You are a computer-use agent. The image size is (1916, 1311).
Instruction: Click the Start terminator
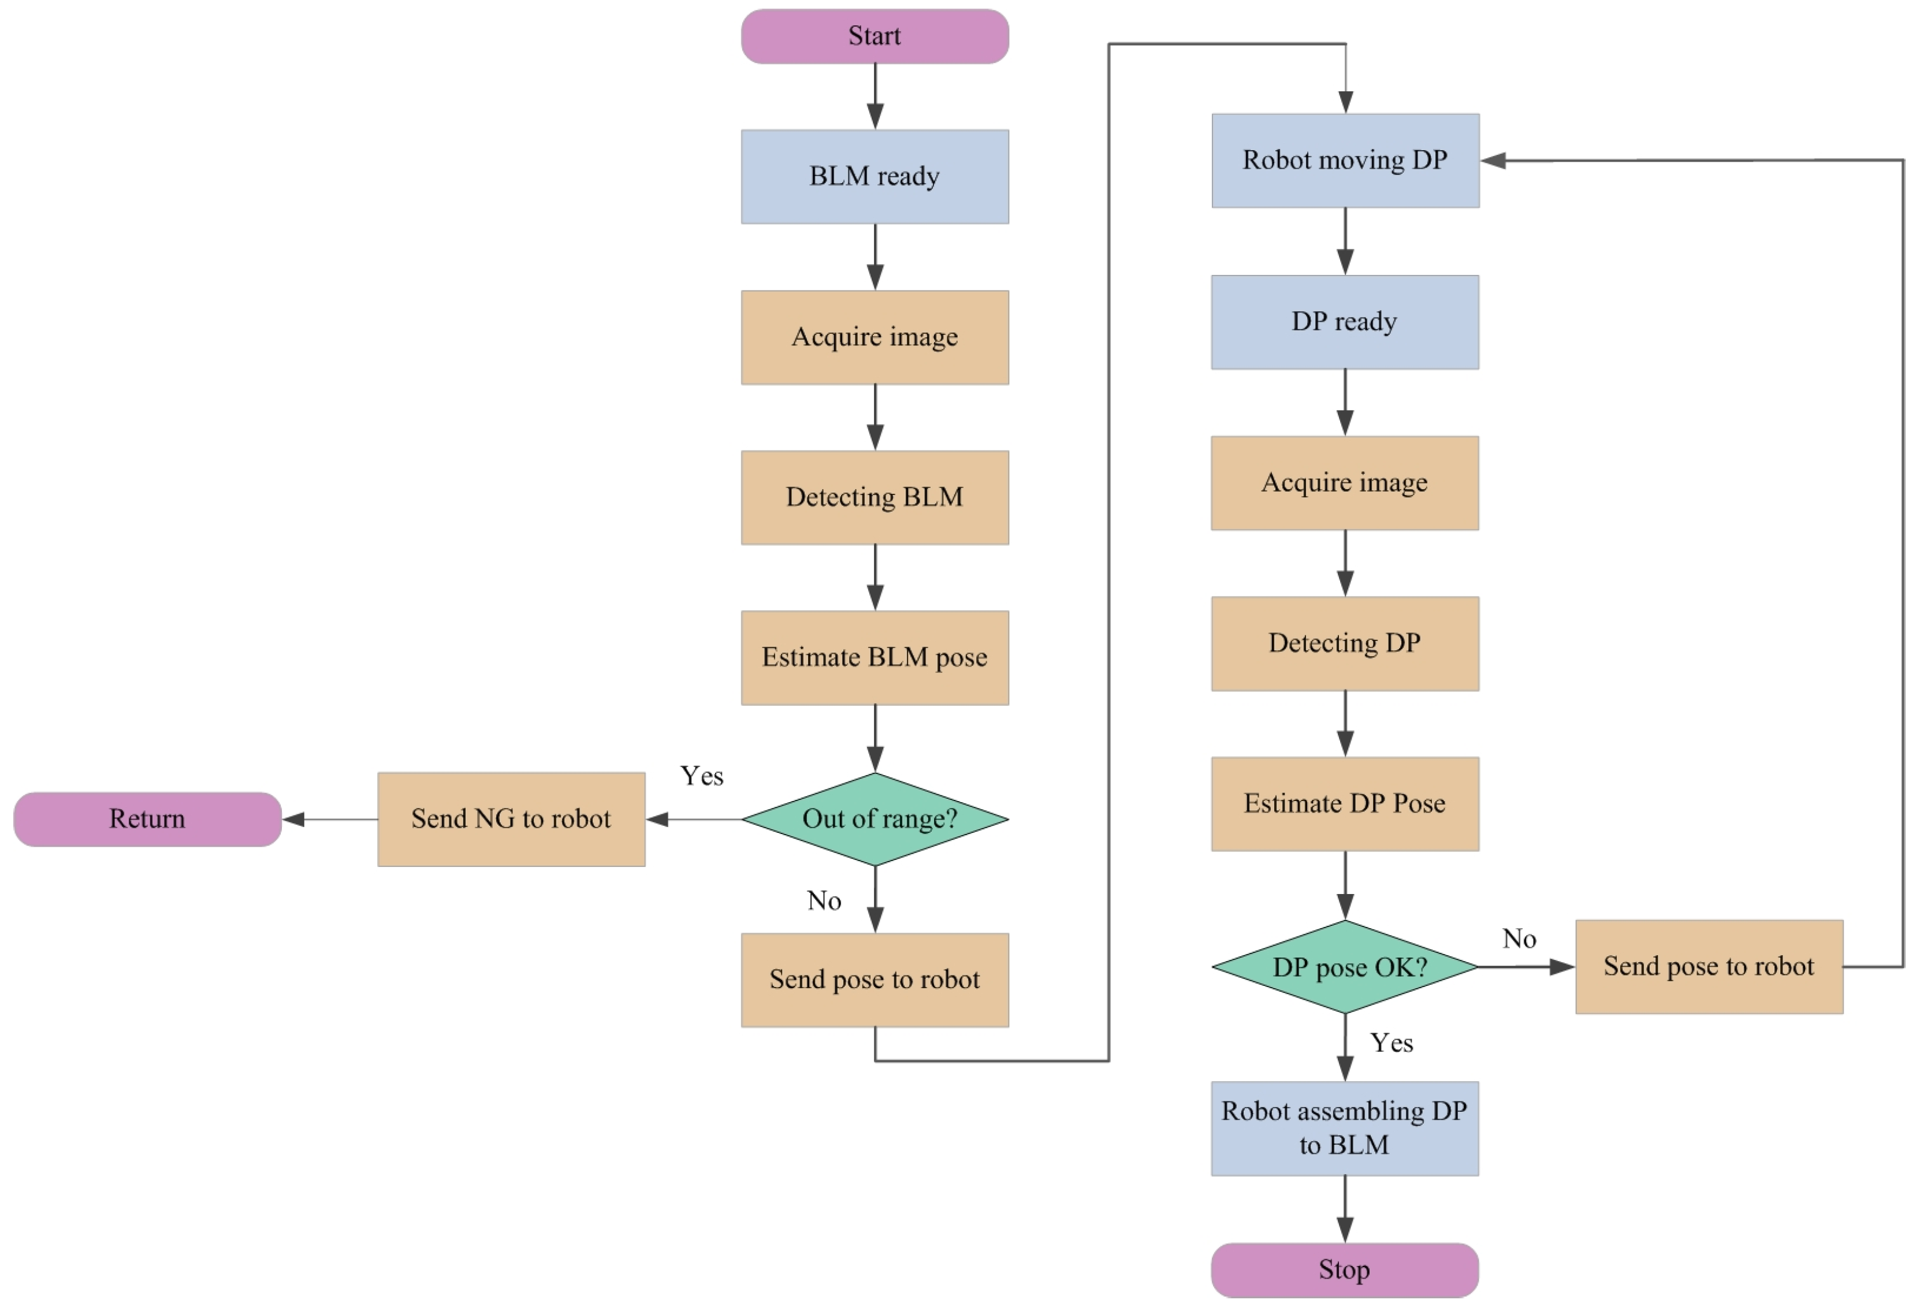875,36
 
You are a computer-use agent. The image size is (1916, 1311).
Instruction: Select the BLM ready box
875,177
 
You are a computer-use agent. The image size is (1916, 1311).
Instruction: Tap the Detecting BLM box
875,497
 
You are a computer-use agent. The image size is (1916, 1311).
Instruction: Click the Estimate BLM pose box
875,657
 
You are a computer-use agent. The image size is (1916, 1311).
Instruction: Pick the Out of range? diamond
875,819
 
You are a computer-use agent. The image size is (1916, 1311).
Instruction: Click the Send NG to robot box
511,819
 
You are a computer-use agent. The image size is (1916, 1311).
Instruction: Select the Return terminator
147,819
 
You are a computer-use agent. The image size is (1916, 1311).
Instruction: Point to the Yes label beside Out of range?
702,776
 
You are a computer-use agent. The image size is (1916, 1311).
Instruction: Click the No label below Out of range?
824,900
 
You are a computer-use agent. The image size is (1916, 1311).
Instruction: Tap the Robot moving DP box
1345,160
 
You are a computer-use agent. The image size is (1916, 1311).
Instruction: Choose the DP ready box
1345,322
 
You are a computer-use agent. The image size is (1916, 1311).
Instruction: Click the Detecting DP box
1345,643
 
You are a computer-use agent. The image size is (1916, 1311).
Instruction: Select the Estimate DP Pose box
1345,804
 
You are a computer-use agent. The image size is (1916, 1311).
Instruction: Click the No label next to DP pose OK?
1519,938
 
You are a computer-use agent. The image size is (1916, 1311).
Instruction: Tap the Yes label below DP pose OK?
1392,1043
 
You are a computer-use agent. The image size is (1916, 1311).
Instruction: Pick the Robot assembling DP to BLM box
1345,1128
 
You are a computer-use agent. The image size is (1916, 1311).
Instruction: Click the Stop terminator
1345,1270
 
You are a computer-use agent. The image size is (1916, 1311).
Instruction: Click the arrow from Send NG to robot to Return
330,819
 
